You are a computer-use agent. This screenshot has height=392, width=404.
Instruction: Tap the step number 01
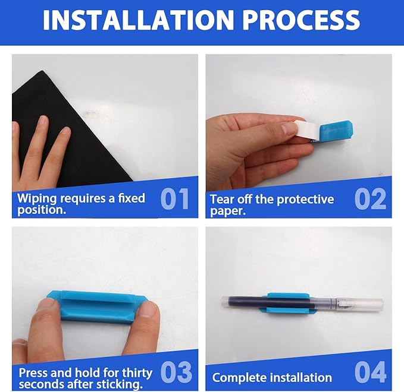coord(174,199)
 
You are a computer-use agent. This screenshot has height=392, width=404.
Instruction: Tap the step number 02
coord(370,199)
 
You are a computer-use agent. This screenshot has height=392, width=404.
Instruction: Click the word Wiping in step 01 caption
coord(36,198)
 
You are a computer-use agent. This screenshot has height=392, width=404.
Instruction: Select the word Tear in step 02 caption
coord(221,199)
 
